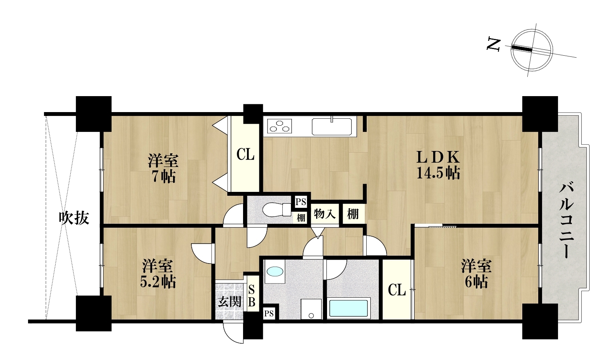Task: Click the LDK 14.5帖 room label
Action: (x=438, y=165)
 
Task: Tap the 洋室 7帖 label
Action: (x=163, y=169)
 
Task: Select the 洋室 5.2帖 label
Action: (x=158, y=274)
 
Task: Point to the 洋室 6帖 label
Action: (x=476, y=274)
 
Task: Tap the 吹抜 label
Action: (x=74, y=218)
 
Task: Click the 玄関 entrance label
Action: (x=229, y=302)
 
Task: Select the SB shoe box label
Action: (x=252, y=296)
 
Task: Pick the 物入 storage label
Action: (x=324, y=214)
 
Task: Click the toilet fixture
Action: (x=276, y=210)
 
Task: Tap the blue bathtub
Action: (x=348, y=308)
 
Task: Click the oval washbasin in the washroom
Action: (x=275, y=272)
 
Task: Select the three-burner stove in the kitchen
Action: (x=279, y=126)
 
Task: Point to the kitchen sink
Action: (x=332, y=126)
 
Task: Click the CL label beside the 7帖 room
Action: (x=245, y=155)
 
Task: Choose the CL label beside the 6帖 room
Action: (x=397, y=290)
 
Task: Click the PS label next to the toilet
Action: (x=301, y=202)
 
